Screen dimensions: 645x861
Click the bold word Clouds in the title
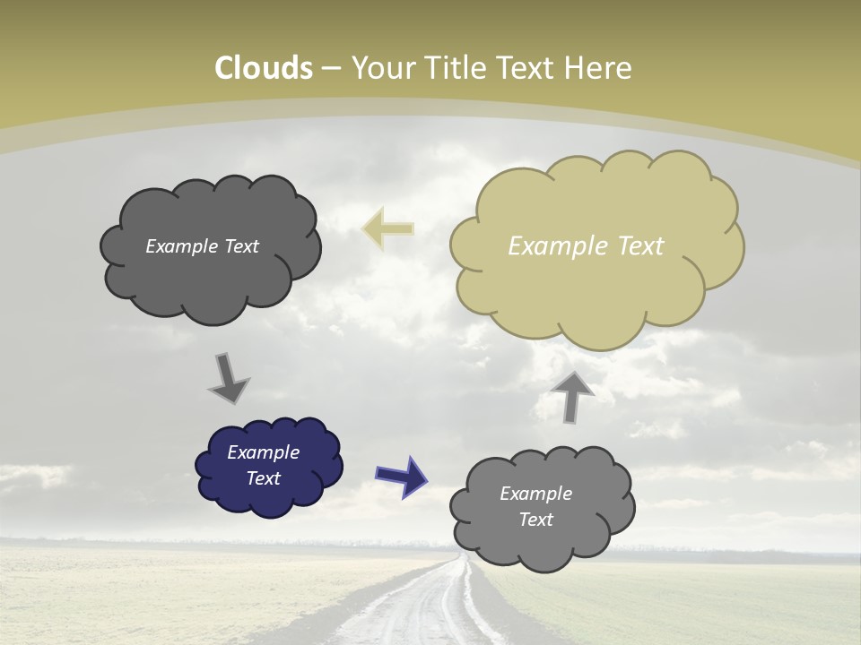coord(264,68)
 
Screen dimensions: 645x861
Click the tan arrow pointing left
coord(387,229)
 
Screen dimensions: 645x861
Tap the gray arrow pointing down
coord(228,378)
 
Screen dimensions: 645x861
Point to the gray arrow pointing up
coord(572,396)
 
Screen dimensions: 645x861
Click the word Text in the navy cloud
coord(263,478)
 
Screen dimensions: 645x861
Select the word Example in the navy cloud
coord(263,452)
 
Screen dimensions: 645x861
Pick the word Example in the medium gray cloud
coord(535,494)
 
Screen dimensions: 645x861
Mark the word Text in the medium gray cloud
coord(535,520)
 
